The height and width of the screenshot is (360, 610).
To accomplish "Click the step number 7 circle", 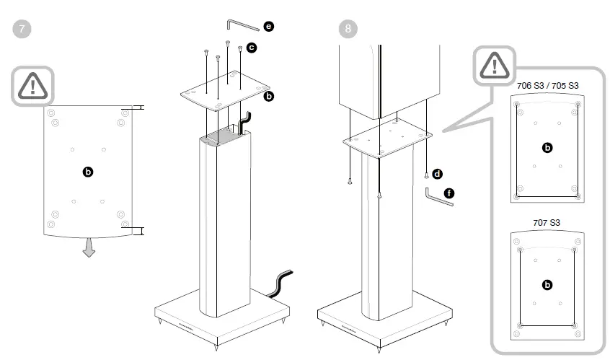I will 23,30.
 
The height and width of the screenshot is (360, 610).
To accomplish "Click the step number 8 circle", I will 348,30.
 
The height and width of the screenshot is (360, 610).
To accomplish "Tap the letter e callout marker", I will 268,27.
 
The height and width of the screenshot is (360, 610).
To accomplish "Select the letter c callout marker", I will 251,47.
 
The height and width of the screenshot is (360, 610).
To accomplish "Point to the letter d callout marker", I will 437,174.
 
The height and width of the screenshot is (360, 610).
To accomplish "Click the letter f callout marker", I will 450,193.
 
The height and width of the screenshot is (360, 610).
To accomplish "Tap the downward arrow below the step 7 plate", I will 89,248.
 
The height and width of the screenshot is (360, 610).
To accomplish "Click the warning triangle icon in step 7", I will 33,86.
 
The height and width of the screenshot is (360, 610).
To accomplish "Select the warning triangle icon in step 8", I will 495,66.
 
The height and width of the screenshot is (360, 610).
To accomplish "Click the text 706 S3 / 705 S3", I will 547,85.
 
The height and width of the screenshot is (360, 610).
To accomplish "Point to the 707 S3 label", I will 547,222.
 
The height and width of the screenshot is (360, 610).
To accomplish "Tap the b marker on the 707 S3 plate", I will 547,285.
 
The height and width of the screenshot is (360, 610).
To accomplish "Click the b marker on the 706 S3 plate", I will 547,147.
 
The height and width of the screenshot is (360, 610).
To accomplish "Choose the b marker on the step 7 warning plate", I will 88,172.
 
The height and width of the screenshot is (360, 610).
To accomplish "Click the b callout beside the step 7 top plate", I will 269,95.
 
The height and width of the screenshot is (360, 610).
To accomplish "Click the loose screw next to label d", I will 427,175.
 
